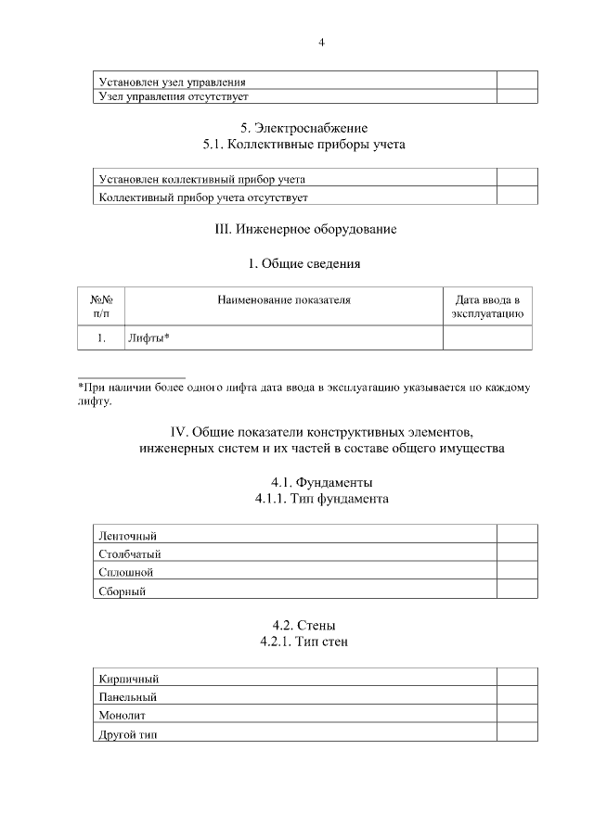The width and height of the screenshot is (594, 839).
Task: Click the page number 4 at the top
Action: point(321,42)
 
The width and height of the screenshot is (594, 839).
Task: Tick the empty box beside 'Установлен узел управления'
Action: point(516,81)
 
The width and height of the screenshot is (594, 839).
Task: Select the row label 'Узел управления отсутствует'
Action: point(174,95)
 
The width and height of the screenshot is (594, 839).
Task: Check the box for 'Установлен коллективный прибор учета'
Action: point(516,179)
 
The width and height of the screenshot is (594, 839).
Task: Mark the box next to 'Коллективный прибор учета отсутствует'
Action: point(516,197)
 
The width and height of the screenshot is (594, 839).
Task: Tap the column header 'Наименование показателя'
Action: point(284,299)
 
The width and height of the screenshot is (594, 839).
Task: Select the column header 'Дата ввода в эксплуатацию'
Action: point(487,307)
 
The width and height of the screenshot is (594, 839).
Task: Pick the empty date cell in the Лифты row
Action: point(487,338)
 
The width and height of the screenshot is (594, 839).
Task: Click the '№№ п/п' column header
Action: point(101,307)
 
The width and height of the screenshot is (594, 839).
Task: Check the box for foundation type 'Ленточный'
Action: point(516,535)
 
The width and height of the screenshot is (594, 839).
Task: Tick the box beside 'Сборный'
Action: point(516,590)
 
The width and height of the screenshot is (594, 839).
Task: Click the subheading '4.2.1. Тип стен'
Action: point(304,642)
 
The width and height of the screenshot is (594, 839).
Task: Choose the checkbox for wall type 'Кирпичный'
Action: point(516,678)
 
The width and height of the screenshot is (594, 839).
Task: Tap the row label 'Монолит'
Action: point(122,715)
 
